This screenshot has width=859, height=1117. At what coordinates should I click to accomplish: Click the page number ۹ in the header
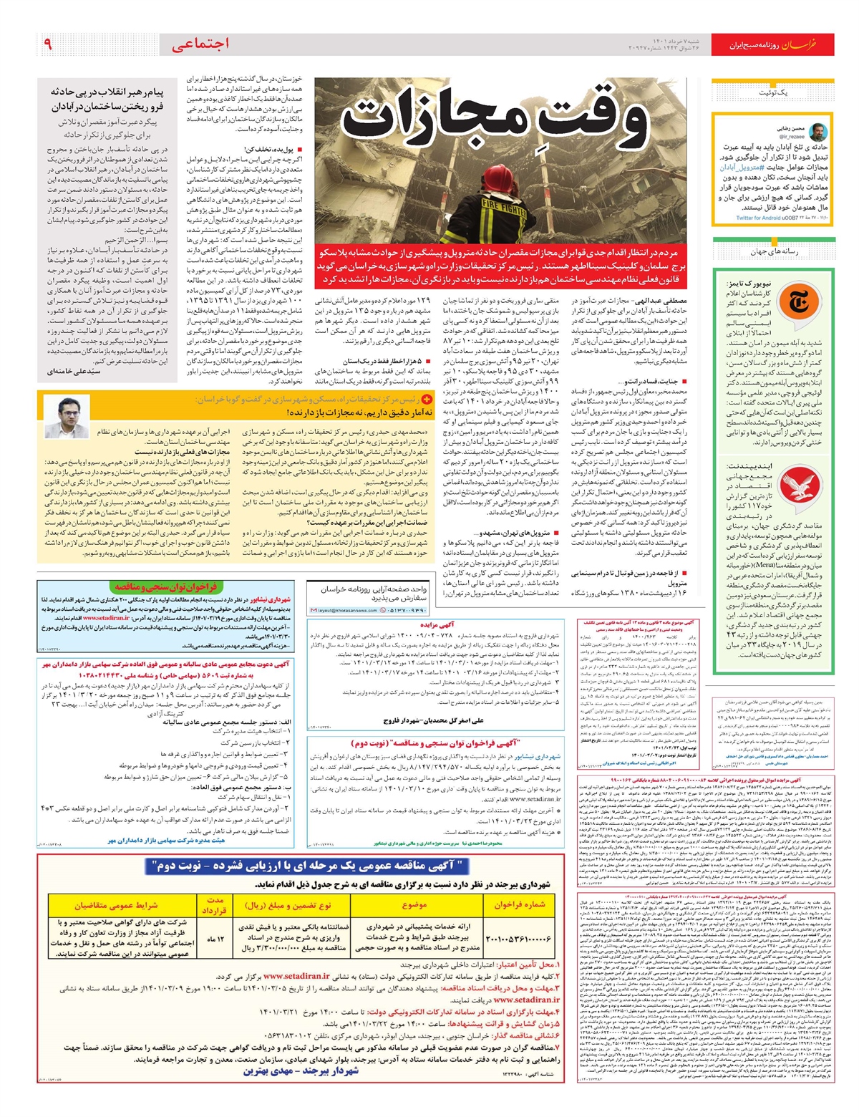click(48, 44)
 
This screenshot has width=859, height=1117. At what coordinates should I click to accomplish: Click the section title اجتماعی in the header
click(200, 44)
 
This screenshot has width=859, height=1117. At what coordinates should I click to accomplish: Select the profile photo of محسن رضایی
click(820, 132)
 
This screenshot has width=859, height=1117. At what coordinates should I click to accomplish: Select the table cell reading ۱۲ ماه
click(215, 939)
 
